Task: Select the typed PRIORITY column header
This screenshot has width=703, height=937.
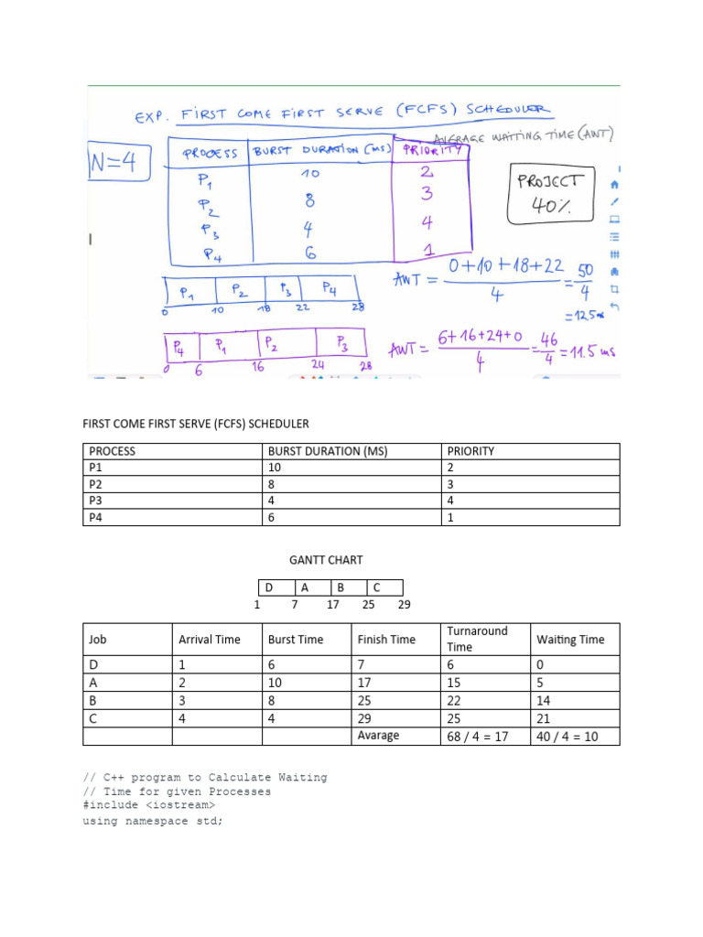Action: (471, 451)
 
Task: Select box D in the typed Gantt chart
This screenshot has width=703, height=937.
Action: (270, 587)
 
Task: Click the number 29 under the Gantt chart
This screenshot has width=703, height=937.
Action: (405, 605)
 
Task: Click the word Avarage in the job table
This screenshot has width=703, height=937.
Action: (378, 736)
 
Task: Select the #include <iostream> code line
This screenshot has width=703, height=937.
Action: (149, 805)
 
